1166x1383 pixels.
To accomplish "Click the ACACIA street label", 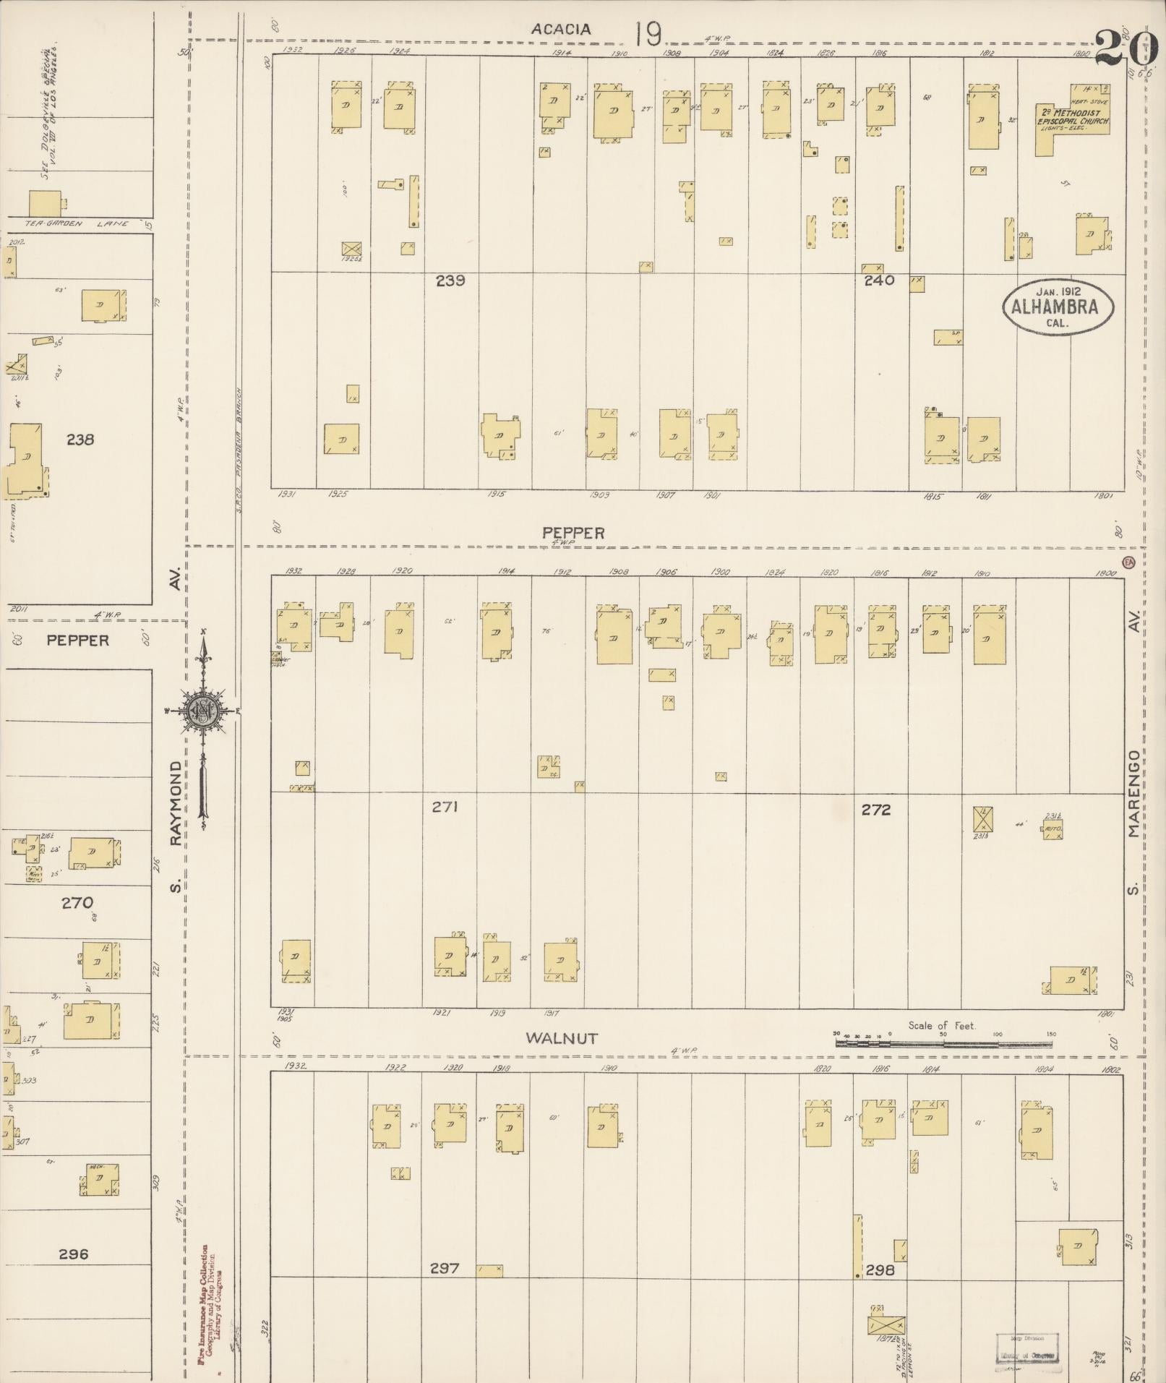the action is click(x=561, y=30).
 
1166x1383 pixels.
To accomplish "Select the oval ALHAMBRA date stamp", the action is click(x=1058, y=307).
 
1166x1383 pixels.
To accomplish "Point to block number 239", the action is click(x=450, y=281).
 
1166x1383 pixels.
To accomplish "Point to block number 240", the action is click(x=879, y=281).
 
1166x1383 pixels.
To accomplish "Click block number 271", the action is click(x=445, y=807).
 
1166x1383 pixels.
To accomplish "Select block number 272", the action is click(x=875, y=810).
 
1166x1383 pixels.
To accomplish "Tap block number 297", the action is click(x=444, y=1268).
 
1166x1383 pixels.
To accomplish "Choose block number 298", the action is click(x=880, y=1270).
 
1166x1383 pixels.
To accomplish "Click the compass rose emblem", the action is click(x=202, y=712).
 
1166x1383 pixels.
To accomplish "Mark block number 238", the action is click(x=80, y=440).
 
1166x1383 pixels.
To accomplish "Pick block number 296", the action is click(x=73, y=1254).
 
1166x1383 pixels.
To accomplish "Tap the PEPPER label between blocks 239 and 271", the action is click(x=573, y=533).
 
